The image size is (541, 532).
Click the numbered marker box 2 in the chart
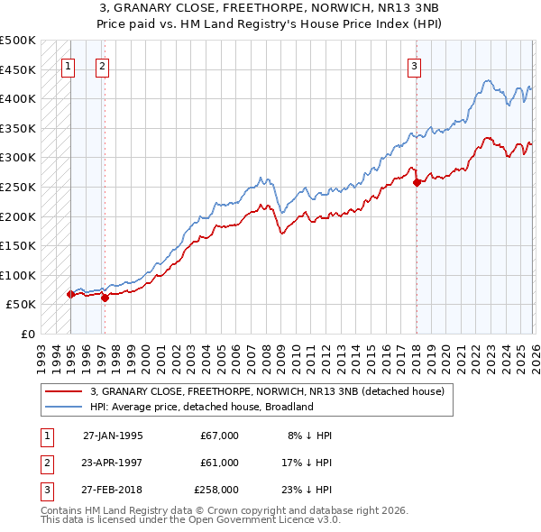point(103,65)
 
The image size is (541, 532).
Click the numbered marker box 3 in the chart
point(414,65)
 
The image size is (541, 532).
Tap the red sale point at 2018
point(417,182)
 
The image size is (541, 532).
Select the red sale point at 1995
point(70,294)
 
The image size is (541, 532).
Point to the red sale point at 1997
point(105,298)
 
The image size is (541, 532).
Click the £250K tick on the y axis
point(18,187)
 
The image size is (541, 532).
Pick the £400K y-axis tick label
point(18,98)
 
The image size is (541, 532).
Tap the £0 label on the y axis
point(26,334)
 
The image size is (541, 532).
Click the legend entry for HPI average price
point(200,407)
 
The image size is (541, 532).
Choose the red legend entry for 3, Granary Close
point(267,391)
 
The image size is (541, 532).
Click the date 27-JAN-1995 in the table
point(113,435)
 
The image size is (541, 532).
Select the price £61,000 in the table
point(219,463)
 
